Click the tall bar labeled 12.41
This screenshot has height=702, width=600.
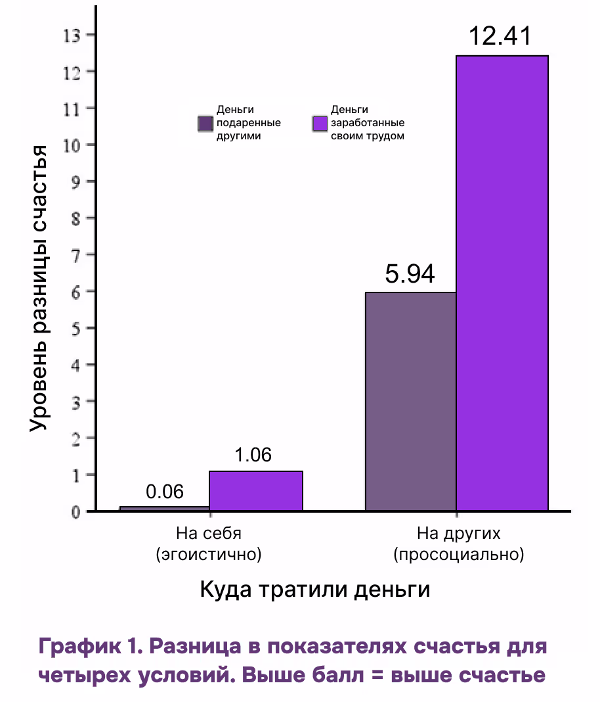point(502,283)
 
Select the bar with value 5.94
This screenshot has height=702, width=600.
point(411,401)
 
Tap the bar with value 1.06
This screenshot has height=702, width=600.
point(256,490)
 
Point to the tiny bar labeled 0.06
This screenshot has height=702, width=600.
point(165,508)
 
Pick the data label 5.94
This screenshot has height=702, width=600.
point(410,274)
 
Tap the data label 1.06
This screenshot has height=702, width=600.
point(253,455)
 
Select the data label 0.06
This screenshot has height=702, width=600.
point(165,492)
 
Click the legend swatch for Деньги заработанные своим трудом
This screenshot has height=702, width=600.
point(320,124)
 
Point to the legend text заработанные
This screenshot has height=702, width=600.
point(367,123)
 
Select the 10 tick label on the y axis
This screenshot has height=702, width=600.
point(71,145)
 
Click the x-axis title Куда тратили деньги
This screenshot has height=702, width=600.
point(314,589)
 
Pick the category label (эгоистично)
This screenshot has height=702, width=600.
point(209,555)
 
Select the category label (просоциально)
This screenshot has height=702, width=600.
point(459,555)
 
